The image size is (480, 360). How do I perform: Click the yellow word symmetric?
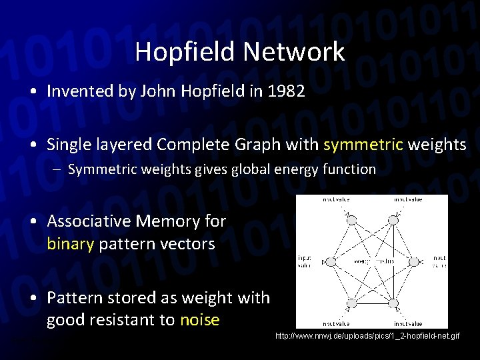364,144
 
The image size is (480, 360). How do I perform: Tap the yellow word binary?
70,244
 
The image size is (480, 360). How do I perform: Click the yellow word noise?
199,320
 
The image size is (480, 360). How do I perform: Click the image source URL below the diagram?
367,336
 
